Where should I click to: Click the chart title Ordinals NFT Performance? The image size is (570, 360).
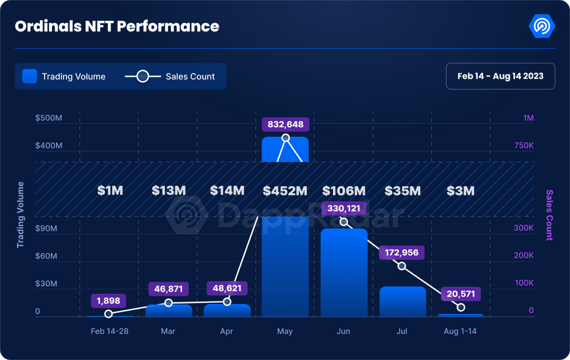click(x=117, y=26)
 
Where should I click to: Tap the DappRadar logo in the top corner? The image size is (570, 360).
click(x=542, y=26)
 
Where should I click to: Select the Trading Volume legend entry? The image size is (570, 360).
click(x=64, y=77)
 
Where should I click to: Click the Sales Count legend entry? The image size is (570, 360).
click(x=170, y=77)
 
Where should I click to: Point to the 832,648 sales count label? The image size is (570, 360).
click(x=286, y=124)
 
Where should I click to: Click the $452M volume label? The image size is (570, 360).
click(x=285, y=190)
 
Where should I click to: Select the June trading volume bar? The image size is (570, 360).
click(x=344, y=272)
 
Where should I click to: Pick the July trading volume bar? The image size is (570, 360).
click(x=402, y=301)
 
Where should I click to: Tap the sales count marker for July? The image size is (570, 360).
click(x=402, y=266)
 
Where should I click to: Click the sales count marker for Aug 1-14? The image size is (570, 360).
click(x=461, y=307)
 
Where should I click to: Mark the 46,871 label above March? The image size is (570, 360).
click(x=169, y=289)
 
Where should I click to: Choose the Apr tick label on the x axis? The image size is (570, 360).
click(x=227, y=331)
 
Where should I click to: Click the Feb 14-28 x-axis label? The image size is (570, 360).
click(x=109, y=331)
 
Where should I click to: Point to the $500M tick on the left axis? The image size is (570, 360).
click(x=48, y=118)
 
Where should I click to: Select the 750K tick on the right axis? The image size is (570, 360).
click(x=524, y=145)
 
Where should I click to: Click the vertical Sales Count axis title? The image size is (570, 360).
click(x=549, y=215)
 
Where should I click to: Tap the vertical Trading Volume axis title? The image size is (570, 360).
click(x=21, y=215)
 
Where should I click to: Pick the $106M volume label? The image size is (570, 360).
click(x=344, y=190)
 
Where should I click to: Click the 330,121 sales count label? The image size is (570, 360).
click(x=344, y=208)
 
